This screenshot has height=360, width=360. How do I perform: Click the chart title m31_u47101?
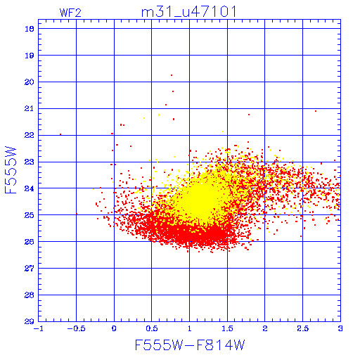(x=189, y=12)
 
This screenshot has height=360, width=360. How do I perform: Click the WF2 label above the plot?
(x=70, y=13)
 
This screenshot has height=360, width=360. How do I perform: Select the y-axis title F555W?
(x=11, y=170)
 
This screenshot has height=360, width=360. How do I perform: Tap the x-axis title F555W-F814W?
(x=190, y=345)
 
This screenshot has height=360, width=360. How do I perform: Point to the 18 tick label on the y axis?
(x=30, y=29)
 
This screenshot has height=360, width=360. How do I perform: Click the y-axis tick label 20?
(x=30, y=82)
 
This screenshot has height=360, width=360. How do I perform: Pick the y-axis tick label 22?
(x=30, y=135)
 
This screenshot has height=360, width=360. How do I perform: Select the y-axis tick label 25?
(x=30, y=215)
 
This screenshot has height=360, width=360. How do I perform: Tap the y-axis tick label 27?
(x=30, y=269)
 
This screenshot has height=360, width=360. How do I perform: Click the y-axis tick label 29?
(x=30, y=321)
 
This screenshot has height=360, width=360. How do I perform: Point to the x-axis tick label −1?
(x=39, y=328)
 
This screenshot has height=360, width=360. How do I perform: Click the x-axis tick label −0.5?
(x=76, y=328)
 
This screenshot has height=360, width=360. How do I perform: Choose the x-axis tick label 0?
(x=114, y=328)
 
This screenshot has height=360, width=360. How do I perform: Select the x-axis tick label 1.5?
(x=227, y=328)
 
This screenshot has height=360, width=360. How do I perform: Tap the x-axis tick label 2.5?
(x=303, y=328)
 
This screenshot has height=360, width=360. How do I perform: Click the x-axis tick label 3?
(x=340, y=328)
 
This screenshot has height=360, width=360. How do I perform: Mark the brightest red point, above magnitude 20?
(x=172, y=75)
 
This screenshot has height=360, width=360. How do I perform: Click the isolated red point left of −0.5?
(x=60, y=134)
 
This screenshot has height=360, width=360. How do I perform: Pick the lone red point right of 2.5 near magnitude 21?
(x=316, y=111)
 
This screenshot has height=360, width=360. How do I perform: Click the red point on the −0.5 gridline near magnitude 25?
(x=77, y=214)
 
